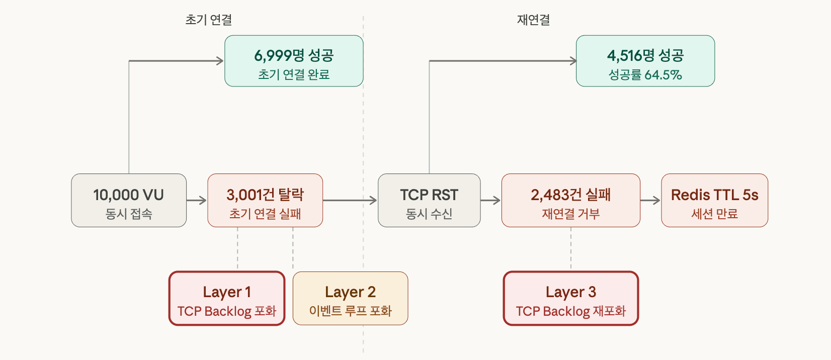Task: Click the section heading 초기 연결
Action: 208,20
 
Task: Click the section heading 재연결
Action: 534,20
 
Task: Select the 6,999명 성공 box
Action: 294,61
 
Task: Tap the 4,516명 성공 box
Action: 645,61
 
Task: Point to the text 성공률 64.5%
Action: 645,75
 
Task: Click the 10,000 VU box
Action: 129,200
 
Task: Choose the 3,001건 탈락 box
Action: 265,200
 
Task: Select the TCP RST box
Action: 429,200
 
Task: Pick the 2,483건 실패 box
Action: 570,200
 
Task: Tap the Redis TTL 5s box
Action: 714,200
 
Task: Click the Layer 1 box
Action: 227,299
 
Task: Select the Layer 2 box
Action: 350,299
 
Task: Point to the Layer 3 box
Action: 570,299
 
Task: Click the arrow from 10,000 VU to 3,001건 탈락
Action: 197,201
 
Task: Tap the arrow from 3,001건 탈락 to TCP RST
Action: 350,201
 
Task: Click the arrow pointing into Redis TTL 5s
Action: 650,201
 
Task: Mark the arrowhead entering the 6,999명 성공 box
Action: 220,61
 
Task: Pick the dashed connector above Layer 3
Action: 570,248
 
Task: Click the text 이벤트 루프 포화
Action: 350,311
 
